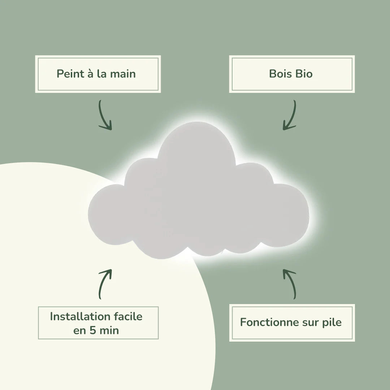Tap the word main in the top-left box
click(123, 74)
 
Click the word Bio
click(304, 74)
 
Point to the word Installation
click(80, 316)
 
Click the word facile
click(128, 316)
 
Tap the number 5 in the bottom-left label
click(92, 330)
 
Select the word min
click(109, 330)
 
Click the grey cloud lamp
click(198, 196)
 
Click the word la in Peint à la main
click(102, 74)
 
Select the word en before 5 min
click(79, 331)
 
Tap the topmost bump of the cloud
click(196, 122)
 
